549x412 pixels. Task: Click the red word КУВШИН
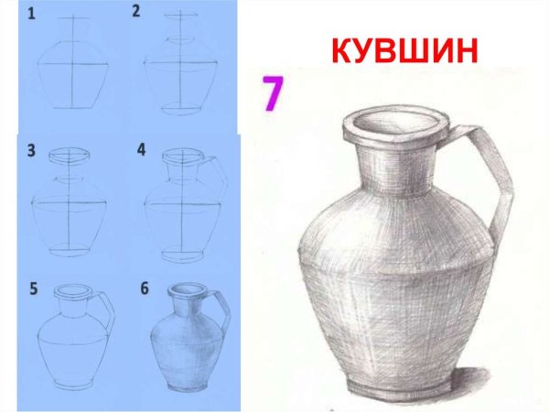coord(404,50)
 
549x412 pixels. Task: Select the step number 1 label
coord(32,14)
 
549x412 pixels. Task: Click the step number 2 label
coord(135,12)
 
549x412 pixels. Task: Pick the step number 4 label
coord(140,148)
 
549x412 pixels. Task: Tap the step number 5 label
coord(33,289)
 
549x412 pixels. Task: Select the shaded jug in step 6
coord(183,343)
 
